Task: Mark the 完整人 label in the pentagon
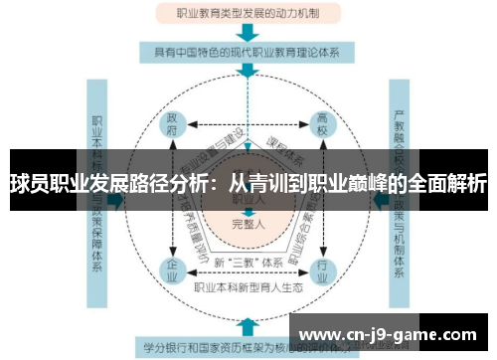(x=248, y=223)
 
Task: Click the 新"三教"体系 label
(x=248, y=262)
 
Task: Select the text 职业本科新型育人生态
(x=248, y=287)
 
